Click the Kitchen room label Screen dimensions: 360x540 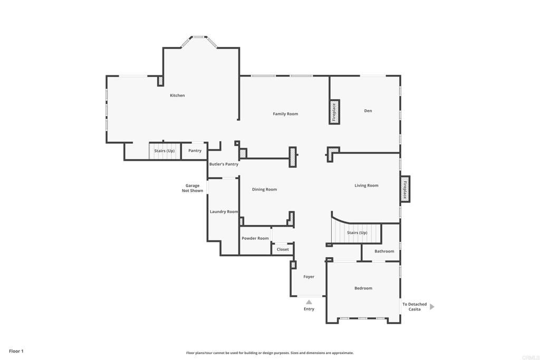[177, 95]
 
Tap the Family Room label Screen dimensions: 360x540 [285, 114]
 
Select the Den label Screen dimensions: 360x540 [368, 111]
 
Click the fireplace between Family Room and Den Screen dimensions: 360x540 [334, 112]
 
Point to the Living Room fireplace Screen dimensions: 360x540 [405, 189]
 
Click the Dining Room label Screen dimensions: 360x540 [264, 189]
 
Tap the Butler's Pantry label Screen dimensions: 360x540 [224, 164]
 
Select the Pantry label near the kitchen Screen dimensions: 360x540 [195, 151]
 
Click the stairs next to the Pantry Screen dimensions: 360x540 [164, 151]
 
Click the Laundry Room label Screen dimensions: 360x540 [224, 211]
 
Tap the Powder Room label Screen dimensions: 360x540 [255, 238]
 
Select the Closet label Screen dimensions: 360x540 [283, 249]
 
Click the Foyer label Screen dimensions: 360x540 [309, 277]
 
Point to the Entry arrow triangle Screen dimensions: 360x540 [308, 302]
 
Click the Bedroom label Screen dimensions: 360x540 [363, 288]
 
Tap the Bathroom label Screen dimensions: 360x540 [384, 251]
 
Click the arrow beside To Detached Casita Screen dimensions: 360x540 [432, 307]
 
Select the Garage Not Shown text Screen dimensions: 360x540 [192, 188]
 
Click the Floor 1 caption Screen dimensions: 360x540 [16, 351]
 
